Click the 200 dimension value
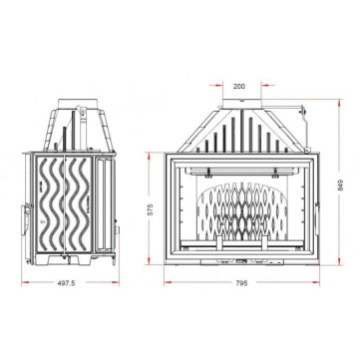[x=239, y=87]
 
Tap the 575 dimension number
[x=150, y=209]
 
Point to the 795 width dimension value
[x=242, y=283]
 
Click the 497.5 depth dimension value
[x=67, y=283]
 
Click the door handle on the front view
[x=317, y=218]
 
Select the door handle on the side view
[x=25, y=220]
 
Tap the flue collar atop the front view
[x=241, y=103]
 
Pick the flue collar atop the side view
[x=79, y=103]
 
